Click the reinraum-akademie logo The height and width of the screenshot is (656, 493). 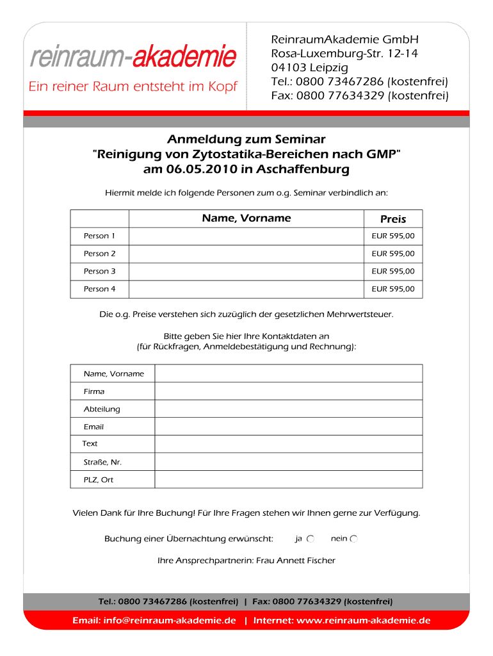point(133,57)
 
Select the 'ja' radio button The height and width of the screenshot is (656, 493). point(311,539)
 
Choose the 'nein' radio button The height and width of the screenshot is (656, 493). point(354,539)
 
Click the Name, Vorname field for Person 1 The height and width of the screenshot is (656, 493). point(247,236)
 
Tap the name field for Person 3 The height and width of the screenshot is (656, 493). point(247,272)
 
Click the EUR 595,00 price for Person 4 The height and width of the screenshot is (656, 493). point(393,289)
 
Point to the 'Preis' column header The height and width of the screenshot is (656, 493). point(393,218)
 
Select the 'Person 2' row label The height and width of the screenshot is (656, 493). point(100,254)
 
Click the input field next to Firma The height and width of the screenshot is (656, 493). point(288,391)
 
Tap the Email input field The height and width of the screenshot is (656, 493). point(288,427)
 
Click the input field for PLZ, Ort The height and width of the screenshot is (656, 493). point(288,480)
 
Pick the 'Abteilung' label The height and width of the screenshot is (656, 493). point(102,409)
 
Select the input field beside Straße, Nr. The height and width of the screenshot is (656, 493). point(288,462)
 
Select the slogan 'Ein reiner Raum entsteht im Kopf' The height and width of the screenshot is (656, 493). point(133,86)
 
